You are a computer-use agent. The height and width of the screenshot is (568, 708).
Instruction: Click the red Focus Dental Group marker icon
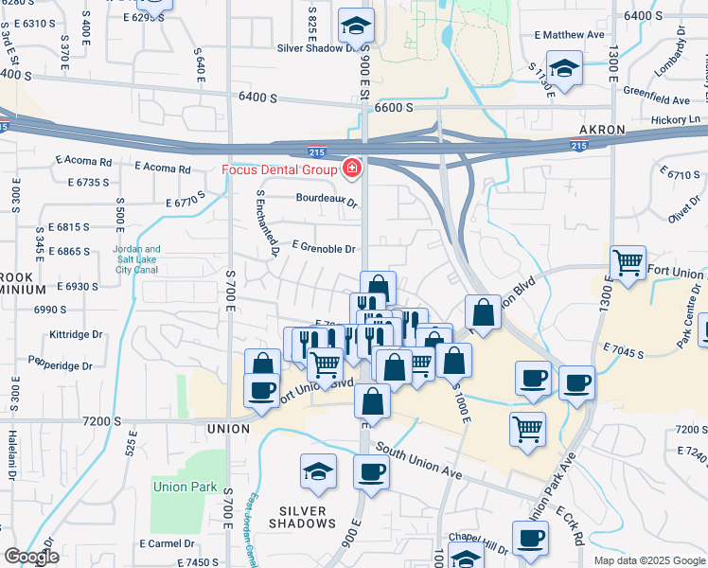click(x=352, y=169)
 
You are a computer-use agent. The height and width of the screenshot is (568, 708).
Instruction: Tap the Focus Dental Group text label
click(x=279, y=170)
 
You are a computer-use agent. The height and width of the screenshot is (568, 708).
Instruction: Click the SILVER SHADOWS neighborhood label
click(x=303, y=517)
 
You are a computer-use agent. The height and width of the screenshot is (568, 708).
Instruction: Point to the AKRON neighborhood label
click(x=602, y=129)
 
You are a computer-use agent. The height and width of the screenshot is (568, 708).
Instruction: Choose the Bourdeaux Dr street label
click(x=326, y=201)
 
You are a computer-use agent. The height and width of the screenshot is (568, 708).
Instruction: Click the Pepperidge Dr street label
click(x=60, y=364)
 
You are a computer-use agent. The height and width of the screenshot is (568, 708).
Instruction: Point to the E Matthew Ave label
click(x=569, y=35)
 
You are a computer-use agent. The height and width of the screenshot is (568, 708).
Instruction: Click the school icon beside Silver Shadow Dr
click(x=356, y=25)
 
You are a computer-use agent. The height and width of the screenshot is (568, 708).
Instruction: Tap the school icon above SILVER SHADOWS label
click(x=318, y=470)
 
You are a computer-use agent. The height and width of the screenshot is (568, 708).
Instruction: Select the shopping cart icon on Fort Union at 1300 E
click(x=628, y=262)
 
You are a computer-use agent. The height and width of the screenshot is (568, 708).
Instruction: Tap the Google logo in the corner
click(x=30, y=557)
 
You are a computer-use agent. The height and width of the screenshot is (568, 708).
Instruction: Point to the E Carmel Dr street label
click(x=167, y=544)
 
